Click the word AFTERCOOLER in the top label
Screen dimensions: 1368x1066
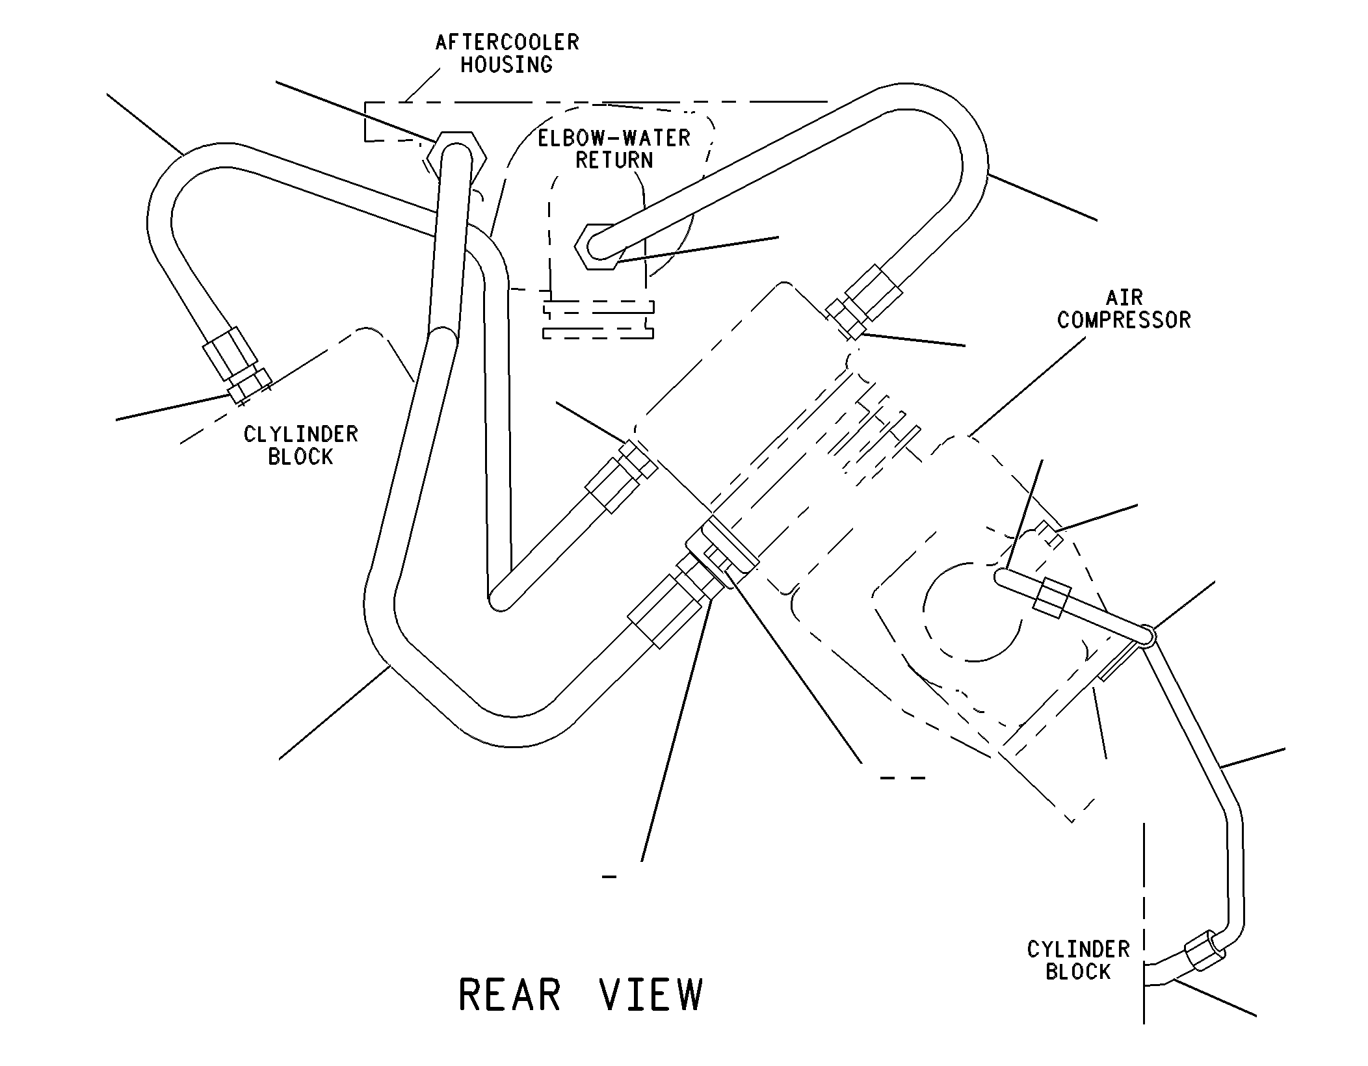(507, 42)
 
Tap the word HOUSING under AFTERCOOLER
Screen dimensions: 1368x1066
(506, 65)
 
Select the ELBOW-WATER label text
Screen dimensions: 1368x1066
(614, 138)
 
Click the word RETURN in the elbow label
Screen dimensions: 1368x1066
(614, 160)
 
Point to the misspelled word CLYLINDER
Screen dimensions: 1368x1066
(301, 434)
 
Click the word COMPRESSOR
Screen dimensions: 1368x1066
(1124, 320)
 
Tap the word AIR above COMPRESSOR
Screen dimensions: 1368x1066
(1124, 298)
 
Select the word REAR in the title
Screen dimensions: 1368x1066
(510, 994)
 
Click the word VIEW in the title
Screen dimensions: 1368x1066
(651, 994)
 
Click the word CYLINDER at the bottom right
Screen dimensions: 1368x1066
(1078, 950)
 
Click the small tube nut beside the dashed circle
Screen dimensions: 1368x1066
(1051, 597)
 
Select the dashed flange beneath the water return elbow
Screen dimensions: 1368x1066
(598, 320)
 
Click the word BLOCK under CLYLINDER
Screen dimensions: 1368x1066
(300, 457)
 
